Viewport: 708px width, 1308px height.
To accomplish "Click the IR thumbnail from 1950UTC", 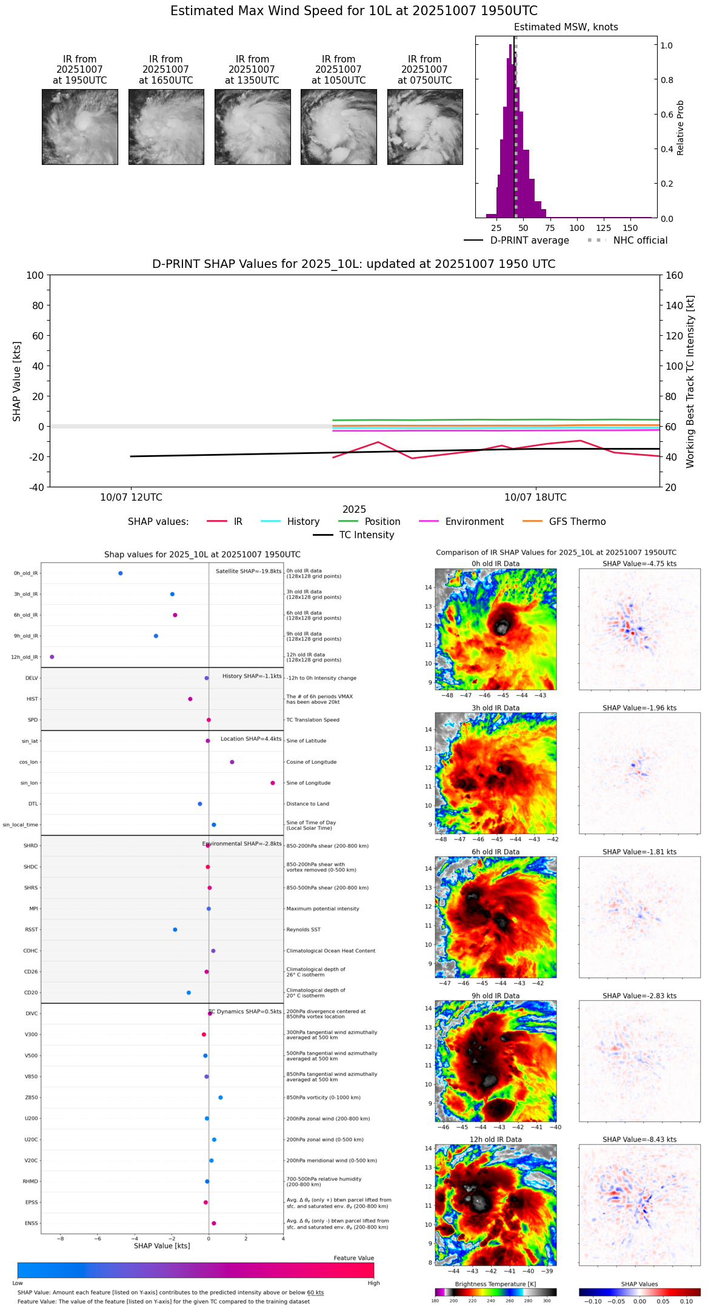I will pyautogui.click(x=79, y=127).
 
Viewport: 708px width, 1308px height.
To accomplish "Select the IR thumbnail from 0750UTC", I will pyautogui.click(x=424, y=127).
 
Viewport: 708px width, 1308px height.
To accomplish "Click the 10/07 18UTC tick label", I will pyautogui.click(x=535, y=498).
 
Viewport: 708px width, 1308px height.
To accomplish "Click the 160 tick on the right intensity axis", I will pyautogui.click(x=674, y=275).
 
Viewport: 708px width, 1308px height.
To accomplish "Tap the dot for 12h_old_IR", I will pyautogui.click(x=52, y=657).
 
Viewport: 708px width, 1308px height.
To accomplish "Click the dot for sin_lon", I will pyautogui.click(x=273, y=783).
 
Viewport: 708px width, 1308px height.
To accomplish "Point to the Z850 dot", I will pyautogui.click(x=221, y=1098).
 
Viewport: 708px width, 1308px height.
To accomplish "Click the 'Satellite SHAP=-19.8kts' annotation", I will pyautogui.click(x=249, y=572).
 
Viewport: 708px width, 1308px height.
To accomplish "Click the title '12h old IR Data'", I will pyautogui.click(x=495, y=1139).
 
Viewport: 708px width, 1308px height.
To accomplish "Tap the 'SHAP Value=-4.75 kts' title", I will pyautogui.click(x=640, y=564).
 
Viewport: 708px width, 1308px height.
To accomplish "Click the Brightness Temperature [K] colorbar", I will pyautogui.click(x=495, y=1292).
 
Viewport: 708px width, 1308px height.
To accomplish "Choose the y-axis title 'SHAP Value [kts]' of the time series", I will pyautogui.click(x=17, y=381).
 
